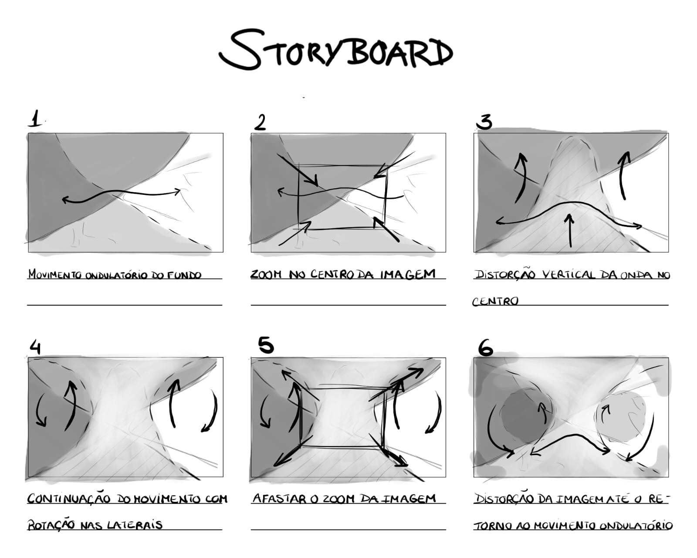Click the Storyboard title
coord(336,49)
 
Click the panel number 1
coord(35,118)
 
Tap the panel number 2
coord(260,122)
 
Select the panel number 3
coord(484,122)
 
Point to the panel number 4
coord(35,347)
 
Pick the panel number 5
coord(266,345)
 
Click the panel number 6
coord(485,348)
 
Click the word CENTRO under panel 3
coord(495,302)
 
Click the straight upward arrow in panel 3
coord(569,230)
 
